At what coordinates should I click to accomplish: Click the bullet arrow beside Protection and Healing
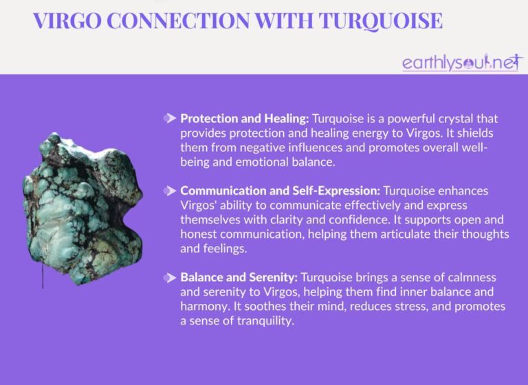tap(169, 118)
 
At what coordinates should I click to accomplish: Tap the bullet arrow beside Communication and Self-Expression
tap(169, 188)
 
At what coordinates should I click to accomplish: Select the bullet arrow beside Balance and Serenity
tap(169, 278)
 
